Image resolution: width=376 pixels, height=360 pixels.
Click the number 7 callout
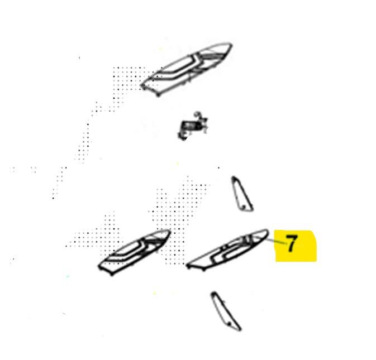tap(292, 243)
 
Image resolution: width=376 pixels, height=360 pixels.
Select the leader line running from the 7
tap(276, 241)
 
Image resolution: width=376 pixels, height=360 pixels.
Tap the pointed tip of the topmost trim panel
tap(231, 44)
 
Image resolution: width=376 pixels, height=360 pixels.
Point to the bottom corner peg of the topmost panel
tap(158, 95)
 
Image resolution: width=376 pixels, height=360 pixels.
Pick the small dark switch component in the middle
tap(192, 127)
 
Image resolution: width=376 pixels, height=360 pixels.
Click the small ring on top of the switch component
tap(197, 114)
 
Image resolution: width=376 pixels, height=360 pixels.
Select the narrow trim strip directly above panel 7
tap(242, 194)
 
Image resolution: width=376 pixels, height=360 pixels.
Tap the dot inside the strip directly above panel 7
tap(244, 207)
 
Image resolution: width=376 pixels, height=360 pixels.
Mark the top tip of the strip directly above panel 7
tap(234, 177)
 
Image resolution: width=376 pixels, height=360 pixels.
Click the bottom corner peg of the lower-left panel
tap(112, 274)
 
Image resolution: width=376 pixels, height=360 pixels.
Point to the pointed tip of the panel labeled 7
tap(266, 231)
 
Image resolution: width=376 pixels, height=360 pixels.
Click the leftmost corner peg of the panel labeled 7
tap(188, 265)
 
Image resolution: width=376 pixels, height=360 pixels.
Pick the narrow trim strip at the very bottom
tap(226, 311)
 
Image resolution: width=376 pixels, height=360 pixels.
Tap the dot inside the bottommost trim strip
tap(230, 324)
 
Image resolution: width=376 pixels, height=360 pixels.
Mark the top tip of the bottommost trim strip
tap(213, 293)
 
